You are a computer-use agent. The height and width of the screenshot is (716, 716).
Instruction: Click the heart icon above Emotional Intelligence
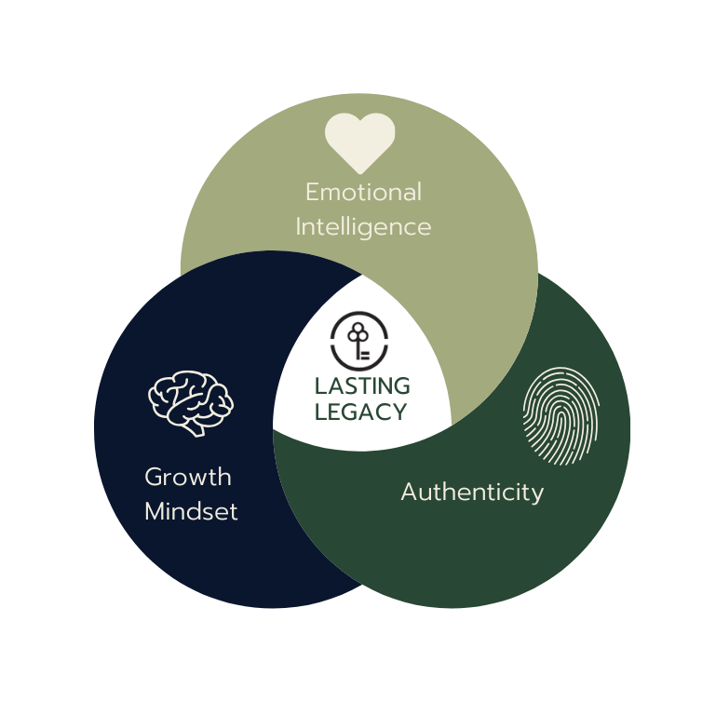pyautogui.click(x=359, y=142)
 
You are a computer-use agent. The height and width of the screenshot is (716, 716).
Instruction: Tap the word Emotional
pyautogui.click(x=363, y=193)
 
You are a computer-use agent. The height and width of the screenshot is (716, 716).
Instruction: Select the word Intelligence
pyautogui.click(x=363, y=226)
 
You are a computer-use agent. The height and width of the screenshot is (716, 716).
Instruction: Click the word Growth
pyautogui.click(x=188, y=478)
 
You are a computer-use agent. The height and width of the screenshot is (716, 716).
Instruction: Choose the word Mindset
pyautogui.click(x=191, y=511)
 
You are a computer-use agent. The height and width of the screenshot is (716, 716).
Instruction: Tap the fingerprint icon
pyautogui.click(x=561, y=416)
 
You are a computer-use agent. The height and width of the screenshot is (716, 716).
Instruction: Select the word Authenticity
pyautogui.click(x=472, y=492)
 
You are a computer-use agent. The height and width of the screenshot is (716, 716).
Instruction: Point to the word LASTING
pyautogui.click(x=361, y=385)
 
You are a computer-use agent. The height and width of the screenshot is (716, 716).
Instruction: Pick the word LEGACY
pyautogui.click(x=361, y=412)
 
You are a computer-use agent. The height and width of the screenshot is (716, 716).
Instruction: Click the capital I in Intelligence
pyautogui.click(x=299, y=226)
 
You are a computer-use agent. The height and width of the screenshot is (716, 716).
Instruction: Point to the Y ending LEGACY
pyautogui.click(x=399, y=412)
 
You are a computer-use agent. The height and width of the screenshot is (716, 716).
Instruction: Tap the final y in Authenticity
pyautogui.click(x=536, y=494)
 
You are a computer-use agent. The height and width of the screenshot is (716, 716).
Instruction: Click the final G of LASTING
pyautogui.click(x=401, y=385)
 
